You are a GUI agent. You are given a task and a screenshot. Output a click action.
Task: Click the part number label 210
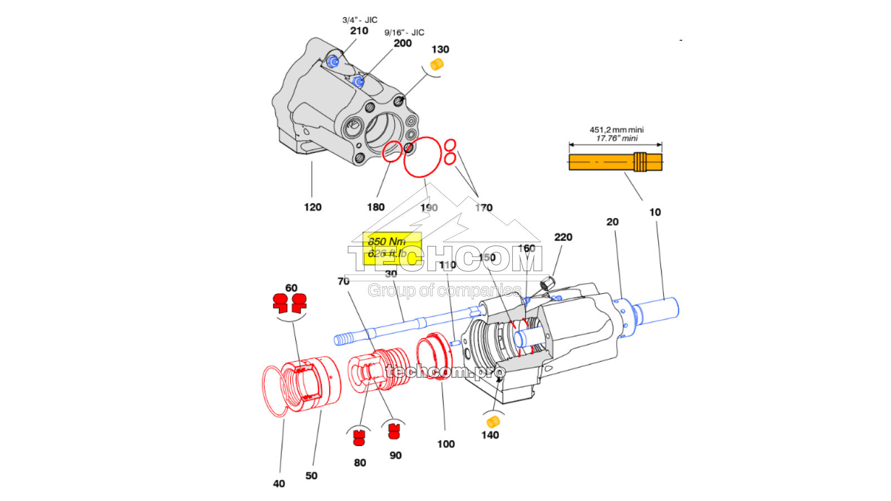[x=359, y=31]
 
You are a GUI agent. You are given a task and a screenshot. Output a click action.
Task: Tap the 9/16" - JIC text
[x=404, y=32]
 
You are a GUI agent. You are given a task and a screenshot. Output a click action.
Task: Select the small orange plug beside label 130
[x=437, y=65]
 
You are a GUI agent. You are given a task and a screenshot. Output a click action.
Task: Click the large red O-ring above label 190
[x=422, y=157]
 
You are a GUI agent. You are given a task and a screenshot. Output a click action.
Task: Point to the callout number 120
[x=312, y=207]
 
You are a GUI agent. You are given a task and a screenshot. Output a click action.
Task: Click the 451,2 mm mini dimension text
[x=616, y=130]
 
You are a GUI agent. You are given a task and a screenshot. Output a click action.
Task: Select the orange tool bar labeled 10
[x=615, y=162]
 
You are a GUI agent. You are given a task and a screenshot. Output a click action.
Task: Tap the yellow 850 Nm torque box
[x=391, y=248]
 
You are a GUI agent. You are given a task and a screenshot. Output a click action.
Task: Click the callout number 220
[x=563, y=237]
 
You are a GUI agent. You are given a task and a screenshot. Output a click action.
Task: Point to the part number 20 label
[x=612, y=222]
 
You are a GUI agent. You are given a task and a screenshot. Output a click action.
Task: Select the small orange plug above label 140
[x=492, y=421]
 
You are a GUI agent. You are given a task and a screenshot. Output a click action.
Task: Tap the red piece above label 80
[x=359, y=438]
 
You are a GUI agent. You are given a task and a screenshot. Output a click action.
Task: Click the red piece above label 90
[x=394, y=431]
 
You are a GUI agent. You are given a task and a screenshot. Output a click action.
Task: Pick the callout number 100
[x=445, y=444]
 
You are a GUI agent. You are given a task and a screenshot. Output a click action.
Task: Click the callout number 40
[x=279, y=484]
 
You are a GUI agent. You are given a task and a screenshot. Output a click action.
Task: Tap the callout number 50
[x=311, y=475]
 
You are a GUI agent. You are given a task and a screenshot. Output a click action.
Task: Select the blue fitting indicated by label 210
[x=334, y=61]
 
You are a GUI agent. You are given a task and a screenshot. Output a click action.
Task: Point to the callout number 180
[x=375, y=207]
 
